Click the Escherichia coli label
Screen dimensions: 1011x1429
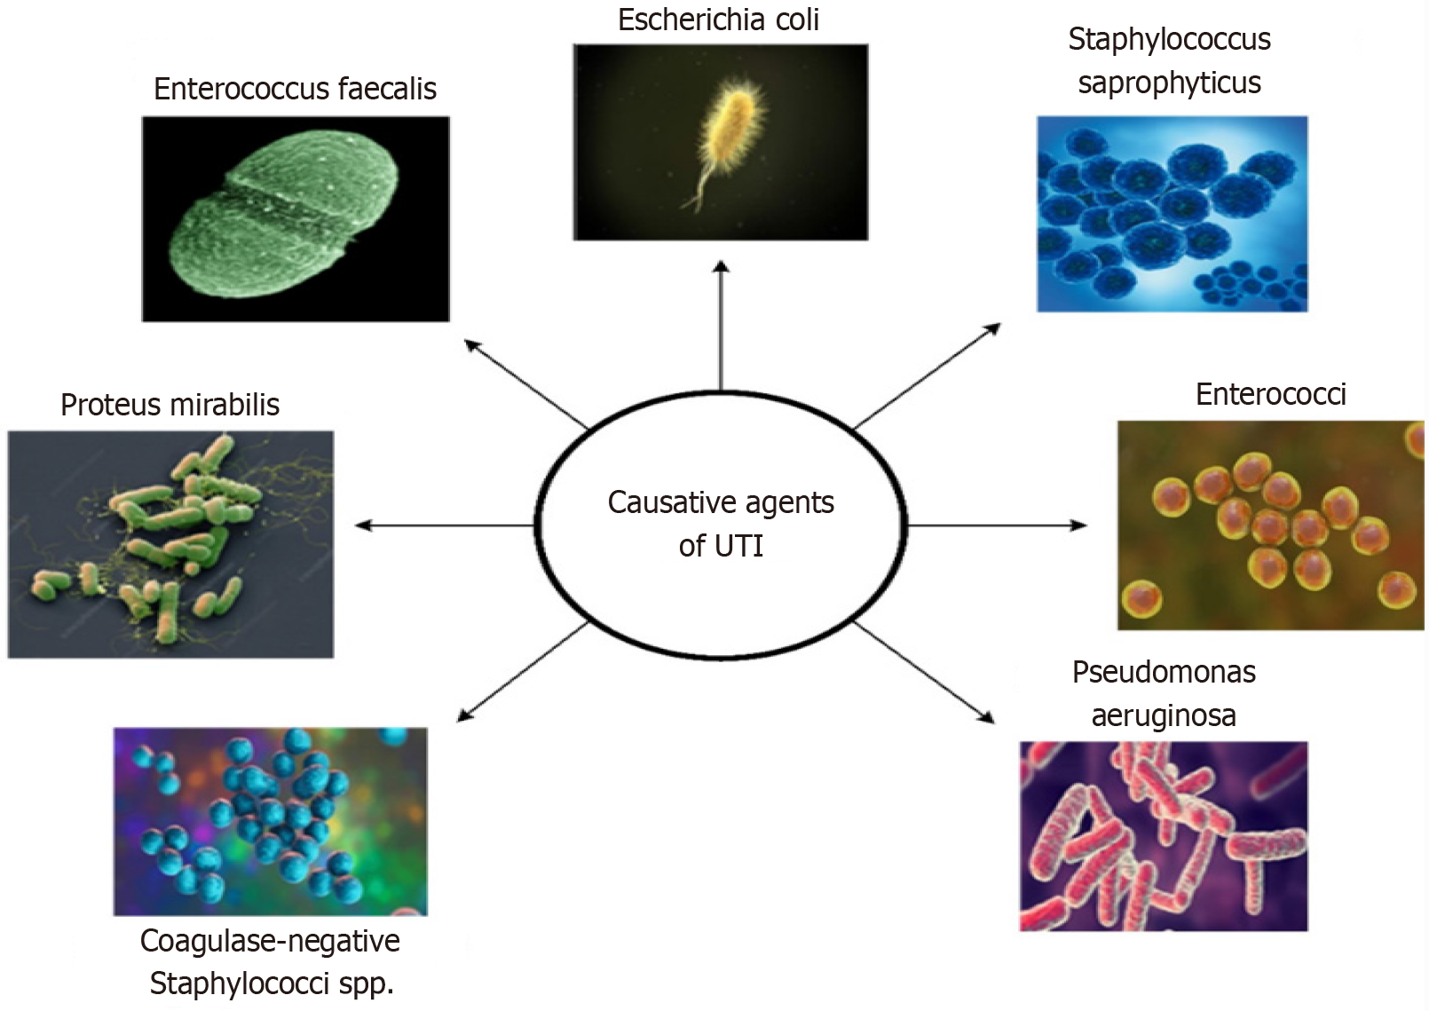718,20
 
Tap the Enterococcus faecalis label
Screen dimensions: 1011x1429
295,89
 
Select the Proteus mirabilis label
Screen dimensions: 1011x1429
170,405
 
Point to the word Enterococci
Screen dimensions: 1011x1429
1270,394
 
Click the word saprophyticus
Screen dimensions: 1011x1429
1169,83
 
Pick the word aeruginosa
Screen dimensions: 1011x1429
1163,715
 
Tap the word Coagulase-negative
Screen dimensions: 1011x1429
270,941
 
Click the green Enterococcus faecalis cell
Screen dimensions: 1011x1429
284,213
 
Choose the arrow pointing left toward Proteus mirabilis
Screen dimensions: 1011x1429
444,525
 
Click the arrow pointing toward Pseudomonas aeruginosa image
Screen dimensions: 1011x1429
923,672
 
